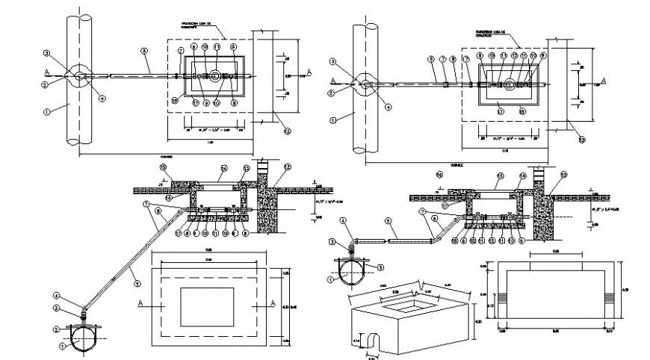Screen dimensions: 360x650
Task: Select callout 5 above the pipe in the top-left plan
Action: (x=143, y=51)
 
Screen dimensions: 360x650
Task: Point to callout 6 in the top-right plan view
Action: (x=431, y=57)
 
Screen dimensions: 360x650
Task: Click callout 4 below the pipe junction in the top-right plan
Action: (x=387, y=106)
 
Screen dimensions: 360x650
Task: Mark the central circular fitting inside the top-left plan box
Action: (x=214, y=75)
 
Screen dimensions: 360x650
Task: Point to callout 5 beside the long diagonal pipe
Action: (x=137, y=282)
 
